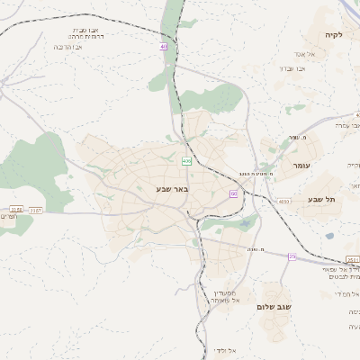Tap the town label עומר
click(x=300, y=166)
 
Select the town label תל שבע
click(x=320, y=199)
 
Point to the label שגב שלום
click(x=274, y=307)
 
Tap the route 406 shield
click(x=186, y=161)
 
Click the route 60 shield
click(x=234, y=193)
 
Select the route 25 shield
click(x=292, y=256)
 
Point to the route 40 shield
click(x=163, y=46)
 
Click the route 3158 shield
click(x=14, y=210)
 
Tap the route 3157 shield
click(x=35, y=210)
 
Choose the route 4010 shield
click(x=284, y=202)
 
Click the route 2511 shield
click(x=352, y=259)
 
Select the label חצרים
click(x=6, y=217)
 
